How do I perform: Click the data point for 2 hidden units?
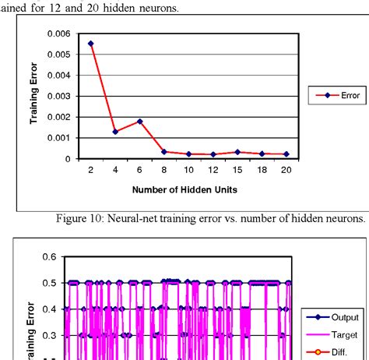point(90,44)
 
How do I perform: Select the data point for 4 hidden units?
point(115,132)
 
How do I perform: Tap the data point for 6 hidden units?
point(139,122)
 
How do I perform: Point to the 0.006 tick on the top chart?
point(58,34)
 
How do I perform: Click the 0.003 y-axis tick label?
point(58,96)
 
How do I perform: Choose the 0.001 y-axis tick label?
point(58,138)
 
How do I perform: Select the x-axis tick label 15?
point(237,170)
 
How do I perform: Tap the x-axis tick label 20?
point(287,170)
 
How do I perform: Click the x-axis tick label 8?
point(164,170)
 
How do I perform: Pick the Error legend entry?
point(331,95)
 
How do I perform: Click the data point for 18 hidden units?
point(262,154)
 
